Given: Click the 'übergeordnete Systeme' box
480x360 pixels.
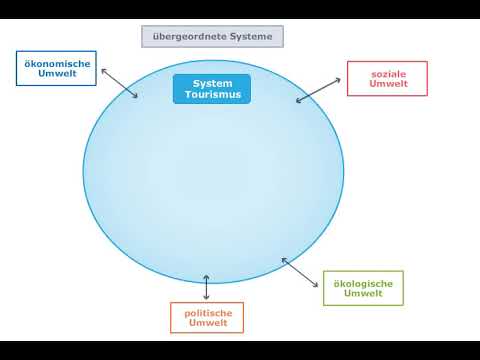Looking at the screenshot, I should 213,38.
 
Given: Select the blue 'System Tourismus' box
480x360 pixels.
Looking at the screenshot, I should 212,89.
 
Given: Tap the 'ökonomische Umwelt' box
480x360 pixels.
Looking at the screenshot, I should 57,69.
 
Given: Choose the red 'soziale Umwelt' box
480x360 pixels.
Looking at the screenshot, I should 387,79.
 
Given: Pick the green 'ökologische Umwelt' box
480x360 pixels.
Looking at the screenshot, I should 363,288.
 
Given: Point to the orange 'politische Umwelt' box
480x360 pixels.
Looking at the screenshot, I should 207,318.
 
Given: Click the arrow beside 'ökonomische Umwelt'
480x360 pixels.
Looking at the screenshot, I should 119,83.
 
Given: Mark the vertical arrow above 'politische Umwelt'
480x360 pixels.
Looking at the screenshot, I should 206,287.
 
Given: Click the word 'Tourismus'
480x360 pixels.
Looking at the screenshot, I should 212,95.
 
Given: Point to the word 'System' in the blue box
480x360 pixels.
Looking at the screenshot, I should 212,83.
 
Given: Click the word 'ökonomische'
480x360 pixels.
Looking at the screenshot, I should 57,64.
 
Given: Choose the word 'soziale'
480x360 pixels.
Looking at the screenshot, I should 387,74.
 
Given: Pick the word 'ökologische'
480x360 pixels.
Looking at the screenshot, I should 363,283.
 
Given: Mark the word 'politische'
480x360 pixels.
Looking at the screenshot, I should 207,313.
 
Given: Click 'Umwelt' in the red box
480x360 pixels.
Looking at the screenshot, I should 387,85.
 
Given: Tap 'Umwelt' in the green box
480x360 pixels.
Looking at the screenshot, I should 363,294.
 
